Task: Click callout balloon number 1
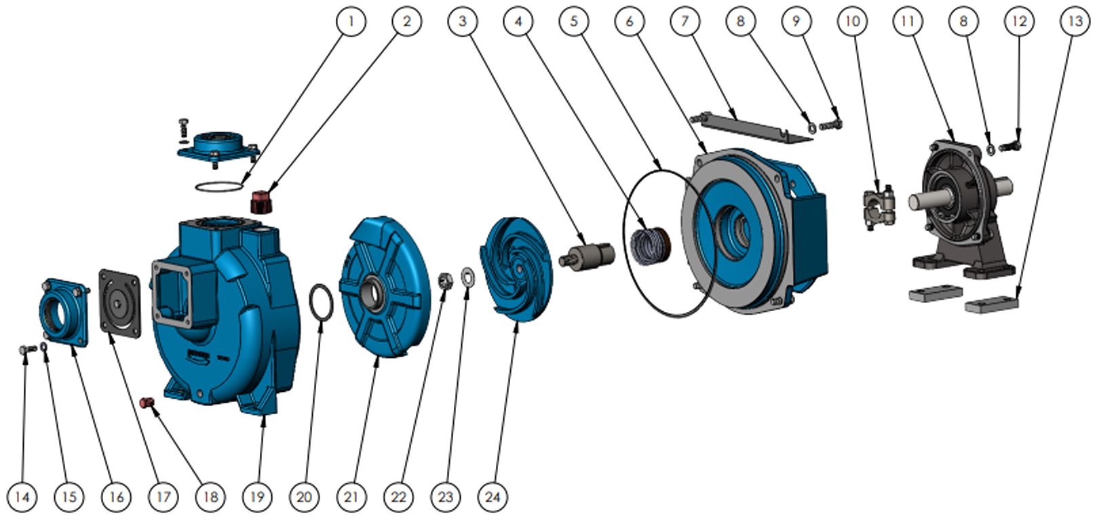click(351, 21)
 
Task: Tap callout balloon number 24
click(493, 497)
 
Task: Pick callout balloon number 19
click(256, 497)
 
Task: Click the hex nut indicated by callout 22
click(445, 279)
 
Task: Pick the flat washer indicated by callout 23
click(468, 275)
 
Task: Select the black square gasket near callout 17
click(120, 302)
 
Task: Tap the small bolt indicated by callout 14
click(26, 349)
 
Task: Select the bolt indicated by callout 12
click(1011, 146)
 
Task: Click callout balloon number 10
click(852, 21)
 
